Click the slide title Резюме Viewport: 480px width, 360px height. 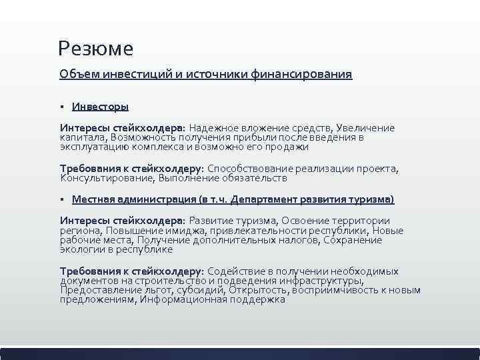tap(95, 49)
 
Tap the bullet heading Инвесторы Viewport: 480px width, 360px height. tap(100, 106)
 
